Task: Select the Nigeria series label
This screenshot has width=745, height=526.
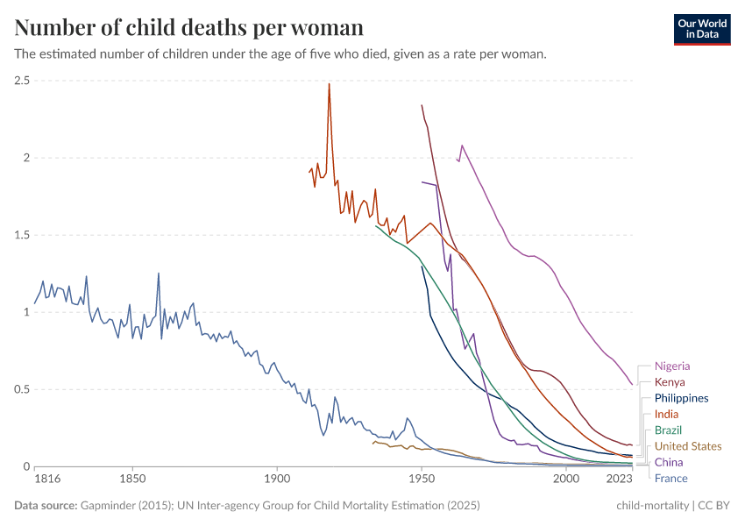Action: tap(672, 366)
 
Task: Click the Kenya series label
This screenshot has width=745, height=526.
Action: tap(670, 382)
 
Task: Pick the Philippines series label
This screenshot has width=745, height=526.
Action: tap(681, 398)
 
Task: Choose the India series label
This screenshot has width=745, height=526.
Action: tap(666, 414)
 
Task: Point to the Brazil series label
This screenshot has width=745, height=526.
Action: tap(668, 430)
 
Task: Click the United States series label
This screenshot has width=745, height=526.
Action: tap(688, 446)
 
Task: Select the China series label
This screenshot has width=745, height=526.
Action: tap(668, 462)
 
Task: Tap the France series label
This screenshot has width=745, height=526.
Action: tap(670, 478)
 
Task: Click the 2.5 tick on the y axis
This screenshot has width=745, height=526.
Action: tap(22, 81)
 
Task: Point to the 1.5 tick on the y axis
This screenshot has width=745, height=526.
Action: tap(22, 235)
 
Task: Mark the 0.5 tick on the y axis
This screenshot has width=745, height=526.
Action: tap(22, 389)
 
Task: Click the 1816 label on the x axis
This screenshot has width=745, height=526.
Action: tap(46, 480)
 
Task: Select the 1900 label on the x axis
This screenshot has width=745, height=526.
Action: tap(277, 480)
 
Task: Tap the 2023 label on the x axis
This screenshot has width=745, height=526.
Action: tap(619, 480)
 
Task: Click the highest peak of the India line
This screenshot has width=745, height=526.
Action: tap(329, 84)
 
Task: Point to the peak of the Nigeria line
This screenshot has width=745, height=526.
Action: tap(462, 146)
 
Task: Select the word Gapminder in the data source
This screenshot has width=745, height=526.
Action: tap(106, 506)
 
